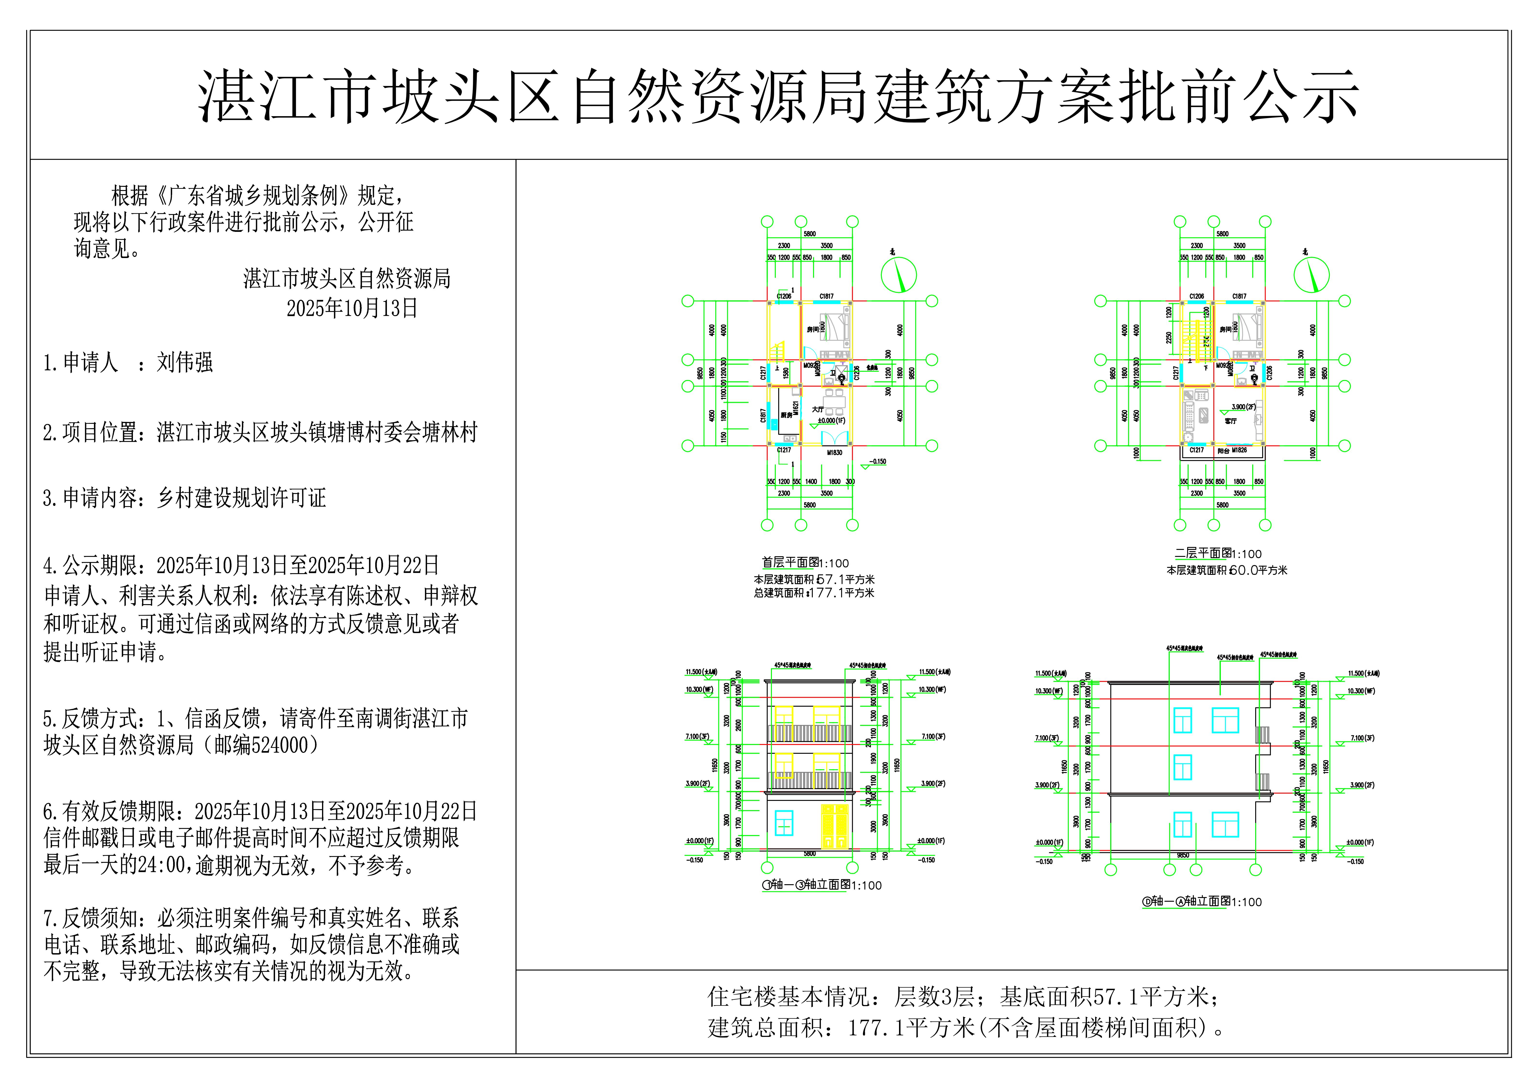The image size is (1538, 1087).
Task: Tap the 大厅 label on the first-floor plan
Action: (x=818, y=409)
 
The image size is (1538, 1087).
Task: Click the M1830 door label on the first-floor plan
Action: (x=834, y=453)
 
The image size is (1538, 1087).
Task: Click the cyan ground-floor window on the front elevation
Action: (x=784, y=823)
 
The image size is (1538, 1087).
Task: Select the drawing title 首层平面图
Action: (x=791, y=563)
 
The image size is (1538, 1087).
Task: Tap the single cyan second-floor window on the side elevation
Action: (x=1182, y=768)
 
